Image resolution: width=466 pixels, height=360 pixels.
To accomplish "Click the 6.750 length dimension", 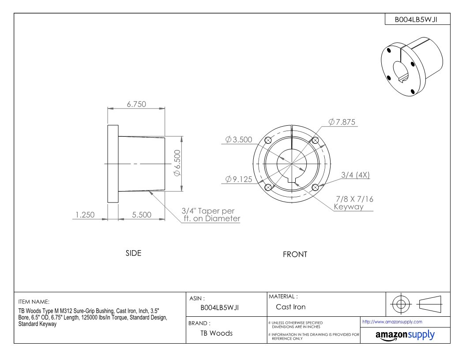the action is point(136,104).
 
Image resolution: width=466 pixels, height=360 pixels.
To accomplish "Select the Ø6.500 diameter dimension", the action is point(177,163).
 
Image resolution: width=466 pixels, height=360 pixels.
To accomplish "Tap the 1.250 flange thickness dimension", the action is point(85,215).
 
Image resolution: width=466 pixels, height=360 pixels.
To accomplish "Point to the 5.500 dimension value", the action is point(142,215).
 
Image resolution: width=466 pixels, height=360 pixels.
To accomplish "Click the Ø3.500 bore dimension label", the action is point(239,139).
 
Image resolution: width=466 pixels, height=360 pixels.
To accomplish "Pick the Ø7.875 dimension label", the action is point(342,122).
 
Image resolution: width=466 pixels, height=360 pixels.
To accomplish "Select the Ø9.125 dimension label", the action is point(239,180).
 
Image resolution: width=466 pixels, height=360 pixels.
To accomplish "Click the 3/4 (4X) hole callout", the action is point(355,175).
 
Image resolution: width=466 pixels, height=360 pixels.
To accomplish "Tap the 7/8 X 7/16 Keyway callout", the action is point(353,203).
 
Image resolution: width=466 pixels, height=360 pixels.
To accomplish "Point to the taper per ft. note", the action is point(210,215).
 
